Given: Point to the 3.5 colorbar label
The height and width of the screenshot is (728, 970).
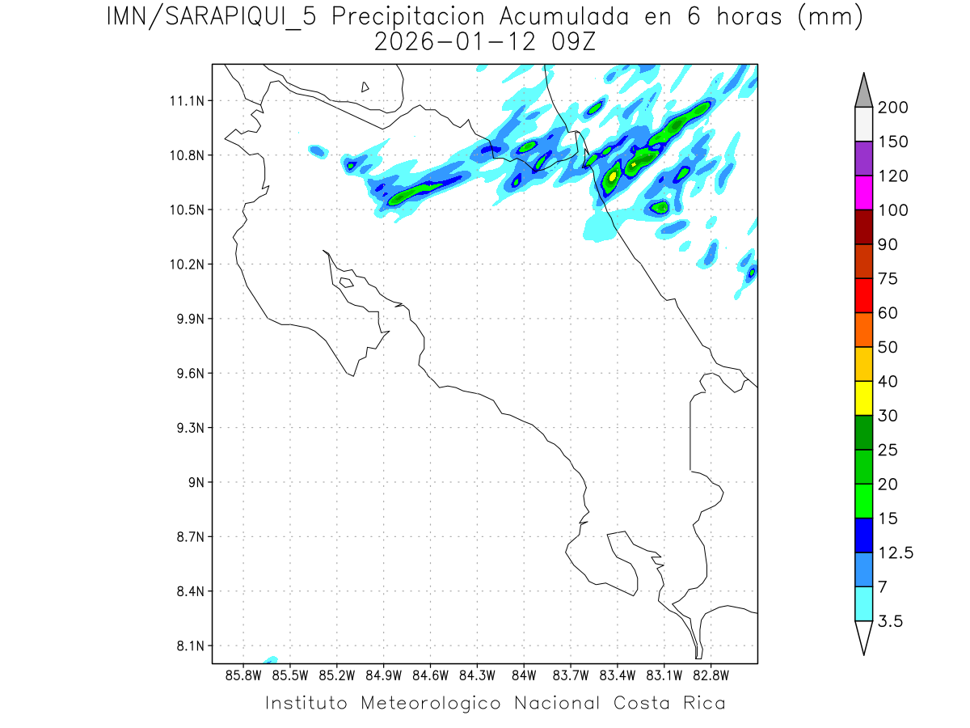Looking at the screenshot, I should click(x=892, y=621).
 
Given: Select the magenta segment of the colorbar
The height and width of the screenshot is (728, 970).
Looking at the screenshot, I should click(x=863, y=193).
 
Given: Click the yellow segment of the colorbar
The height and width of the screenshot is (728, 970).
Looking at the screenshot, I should click(x=863, y=398).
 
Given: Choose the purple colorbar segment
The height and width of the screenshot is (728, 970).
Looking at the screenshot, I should click(x=863, y=159).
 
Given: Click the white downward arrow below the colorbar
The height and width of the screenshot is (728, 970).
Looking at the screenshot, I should click(x=863, y=637).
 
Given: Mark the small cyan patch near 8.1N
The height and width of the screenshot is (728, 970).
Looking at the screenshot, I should click(x=270, y=660).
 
